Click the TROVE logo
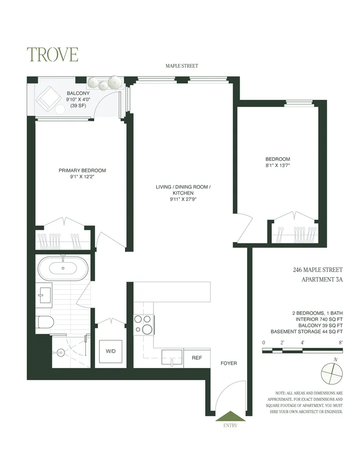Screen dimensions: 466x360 click(52, 55)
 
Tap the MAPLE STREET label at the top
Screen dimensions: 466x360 click(182, 66)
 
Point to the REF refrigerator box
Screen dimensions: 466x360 click(196, 358)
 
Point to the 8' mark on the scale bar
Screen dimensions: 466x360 click(341, 343)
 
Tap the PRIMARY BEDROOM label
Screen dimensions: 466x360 click(82, 170)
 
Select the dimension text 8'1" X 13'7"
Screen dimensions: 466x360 click(278, 166)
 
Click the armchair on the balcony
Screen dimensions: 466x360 click(48, 98)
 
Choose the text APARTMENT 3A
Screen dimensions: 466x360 click(322, 280)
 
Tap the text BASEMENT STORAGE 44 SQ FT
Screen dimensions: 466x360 click(306, 332)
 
